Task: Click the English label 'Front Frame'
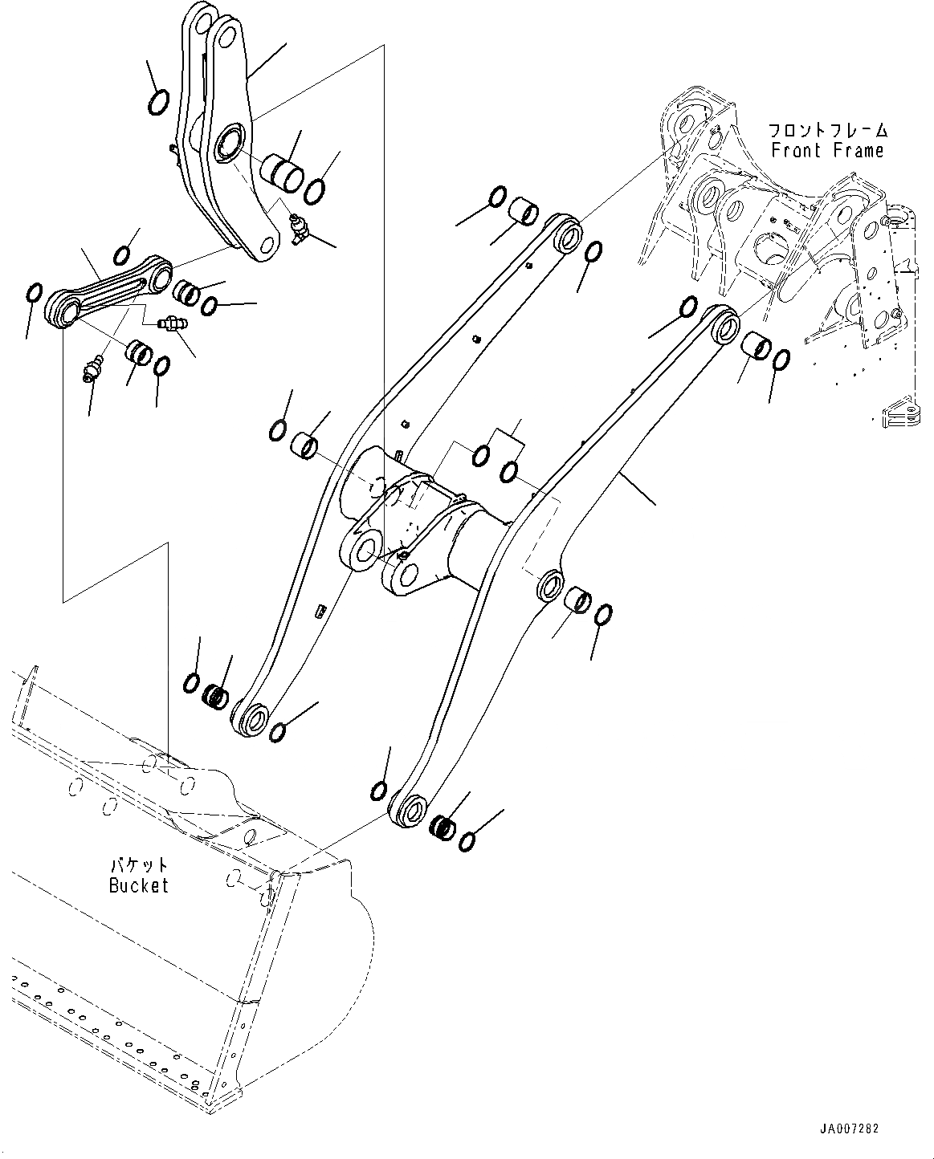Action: tap(827, 150)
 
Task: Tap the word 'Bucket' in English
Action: tap(139, 885)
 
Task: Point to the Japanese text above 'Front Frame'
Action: tap(828, 130)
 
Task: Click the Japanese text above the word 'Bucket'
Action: tap(139, 865)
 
